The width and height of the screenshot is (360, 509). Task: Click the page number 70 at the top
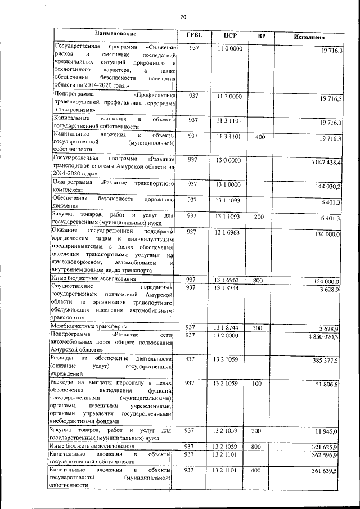tap(183, 17)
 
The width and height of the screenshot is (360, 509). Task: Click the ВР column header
tap(261, 37)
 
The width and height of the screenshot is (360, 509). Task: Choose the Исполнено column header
tap(309, 37)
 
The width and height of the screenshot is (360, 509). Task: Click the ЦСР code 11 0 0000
tap(229, 49)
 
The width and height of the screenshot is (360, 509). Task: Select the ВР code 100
tap(258, 383)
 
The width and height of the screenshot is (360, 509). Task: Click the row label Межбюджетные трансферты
tap(89, 326)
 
